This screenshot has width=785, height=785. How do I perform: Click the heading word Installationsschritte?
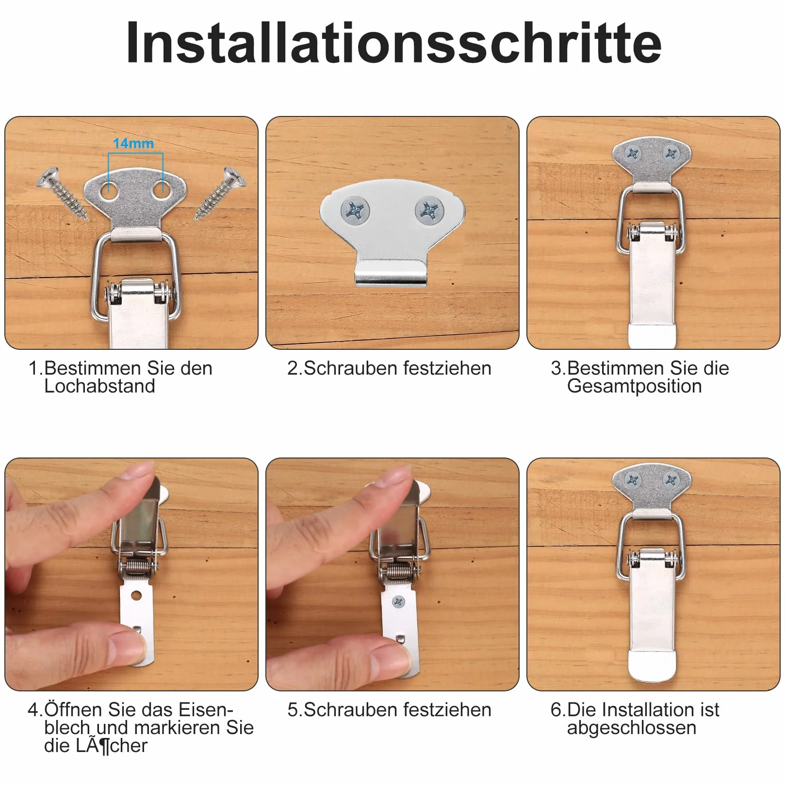pyautogui.click(x=393, y=43)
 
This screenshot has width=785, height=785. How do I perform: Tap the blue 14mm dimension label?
pyautogui.click(x=133, y=144)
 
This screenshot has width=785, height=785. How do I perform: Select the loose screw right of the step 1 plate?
pyautogui.click(x=221, y=193)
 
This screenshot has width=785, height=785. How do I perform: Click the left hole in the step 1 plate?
pyautogui.click(x=109, y=192)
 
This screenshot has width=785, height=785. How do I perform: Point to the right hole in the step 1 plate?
pyautogui.click(x=163, y=192)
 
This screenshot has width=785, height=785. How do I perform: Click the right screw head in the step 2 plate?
pyautogui.click(x=429, y=211)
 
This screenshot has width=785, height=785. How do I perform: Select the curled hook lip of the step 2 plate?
pyautogui.click(x=392, y=273)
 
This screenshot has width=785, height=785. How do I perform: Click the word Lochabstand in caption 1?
pyautogui.click(x=99, y=386)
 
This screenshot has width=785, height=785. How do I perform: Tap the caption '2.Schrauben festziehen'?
pyautogui.click(x=389, y=368)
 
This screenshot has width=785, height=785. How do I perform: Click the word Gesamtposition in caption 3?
pyautogui.click(x=634, y=386)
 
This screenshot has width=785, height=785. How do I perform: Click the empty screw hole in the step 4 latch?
pyautogui.click(x=136, y=595)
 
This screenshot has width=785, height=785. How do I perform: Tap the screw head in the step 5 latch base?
pyautogui.click(x=399, y=602)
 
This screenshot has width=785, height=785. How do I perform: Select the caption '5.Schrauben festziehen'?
pyautogui.click(x=389, y=710)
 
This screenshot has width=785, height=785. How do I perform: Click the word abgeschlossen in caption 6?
pyautogui.click(x=631, y=728)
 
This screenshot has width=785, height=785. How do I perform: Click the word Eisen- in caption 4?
pyautogui.click(x=206, y=710)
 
